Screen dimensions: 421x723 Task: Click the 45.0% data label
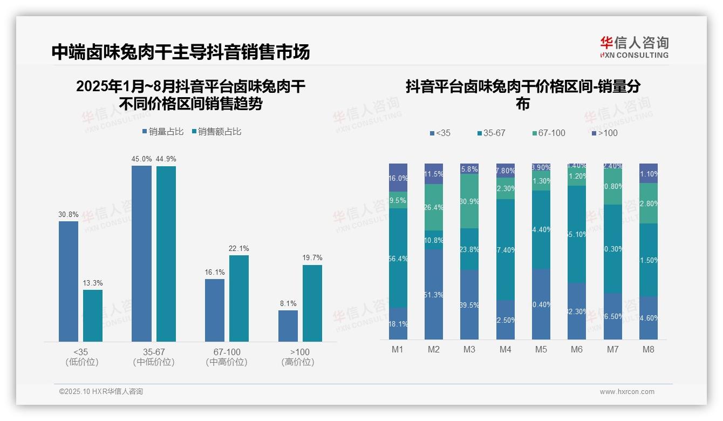coord(141,159)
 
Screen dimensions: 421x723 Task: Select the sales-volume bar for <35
coord(69,281)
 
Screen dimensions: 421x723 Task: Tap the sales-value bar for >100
coord(312,303)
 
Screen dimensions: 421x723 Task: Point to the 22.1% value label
coord(239,248)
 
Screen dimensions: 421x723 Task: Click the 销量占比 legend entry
coord(163,132)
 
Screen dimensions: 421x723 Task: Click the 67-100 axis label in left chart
coord(227,352)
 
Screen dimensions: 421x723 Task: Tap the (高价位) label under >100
coord(298,362)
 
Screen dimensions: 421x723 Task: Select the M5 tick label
coord(541,349)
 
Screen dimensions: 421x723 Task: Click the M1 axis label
coord(398,349)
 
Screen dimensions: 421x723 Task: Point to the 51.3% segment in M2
coord(434,294)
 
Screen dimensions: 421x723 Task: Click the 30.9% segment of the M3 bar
coord(469,201)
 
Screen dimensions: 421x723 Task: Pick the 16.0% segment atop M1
coord(398,178)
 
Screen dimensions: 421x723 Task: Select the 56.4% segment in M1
coord(398,258)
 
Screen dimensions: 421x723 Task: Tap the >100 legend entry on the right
coord(604,133)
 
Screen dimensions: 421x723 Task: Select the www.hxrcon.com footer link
coord(627,392)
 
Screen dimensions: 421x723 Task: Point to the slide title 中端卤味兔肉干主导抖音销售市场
coord(181,52)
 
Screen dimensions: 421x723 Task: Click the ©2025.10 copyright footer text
coord(101,392)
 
